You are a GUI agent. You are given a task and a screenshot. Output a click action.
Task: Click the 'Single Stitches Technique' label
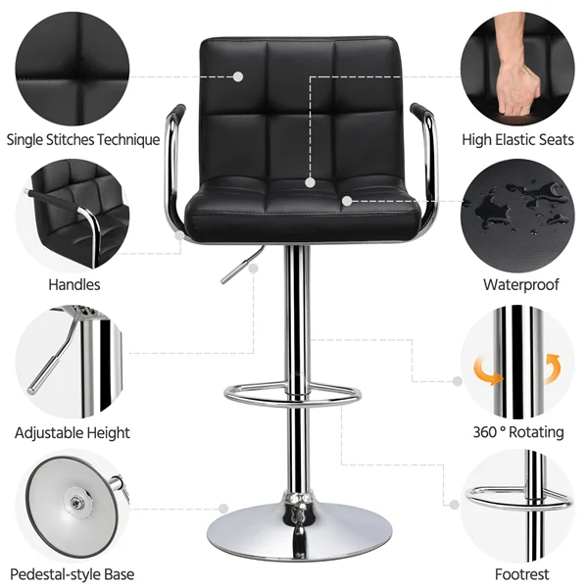(x=83, y=139)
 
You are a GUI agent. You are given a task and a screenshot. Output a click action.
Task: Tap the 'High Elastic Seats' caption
(x=517, y=139)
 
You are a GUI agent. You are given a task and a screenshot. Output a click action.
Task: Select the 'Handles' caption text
(x=74, y=285)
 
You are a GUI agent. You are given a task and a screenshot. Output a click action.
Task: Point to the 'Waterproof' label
(x=520, y=285)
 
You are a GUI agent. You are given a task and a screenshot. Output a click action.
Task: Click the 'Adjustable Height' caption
(x=73, y=432)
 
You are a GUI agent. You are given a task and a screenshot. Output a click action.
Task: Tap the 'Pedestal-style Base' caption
(x=73, y=574)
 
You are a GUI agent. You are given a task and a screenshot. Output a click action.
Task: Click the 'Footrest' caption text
(x=522, y=574)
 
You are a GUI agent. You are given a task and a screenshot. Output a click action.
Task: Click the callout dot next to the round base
(x=224, y=508)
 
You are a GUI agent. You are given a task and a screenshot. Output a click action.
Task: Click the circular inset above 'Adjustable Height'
(x=73, y=361)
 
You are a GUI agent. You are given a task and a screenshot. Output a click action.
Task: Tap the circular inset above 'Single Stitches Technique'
(x=73, y=64)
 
